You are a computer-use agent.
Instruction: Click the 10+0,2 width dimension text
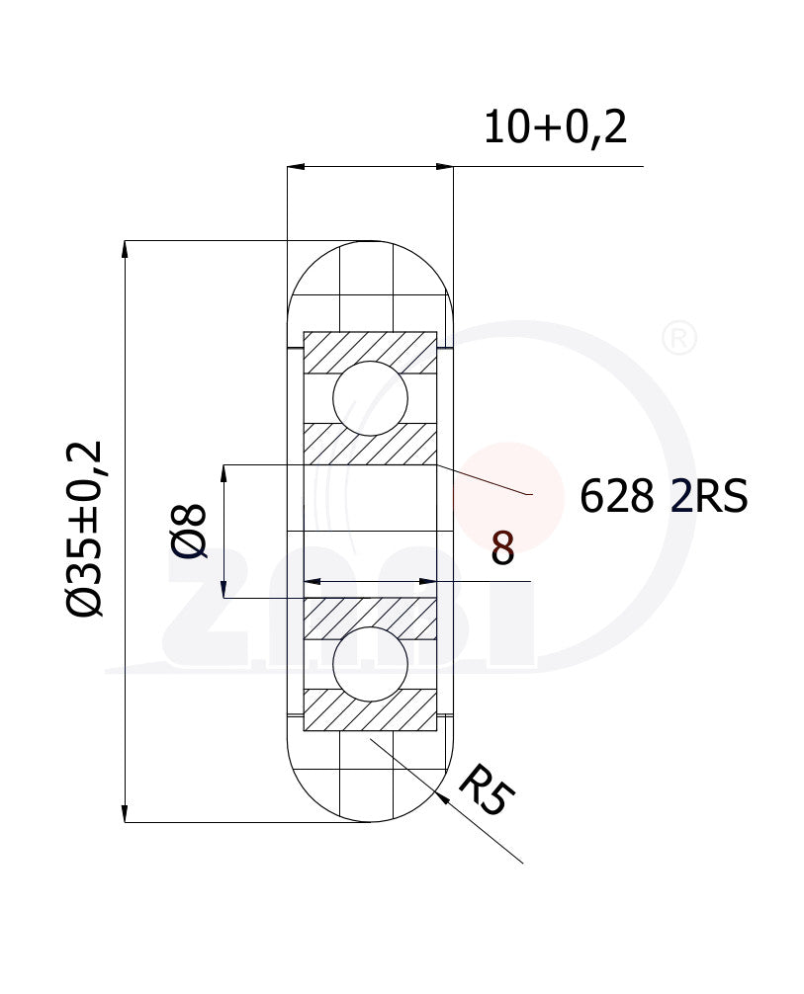555,128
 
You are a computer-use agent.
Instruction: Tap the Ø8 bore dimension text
189,532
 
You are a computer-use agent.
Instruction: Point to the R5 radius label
487,788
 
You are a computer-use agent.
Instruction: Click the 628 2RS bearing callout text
664,496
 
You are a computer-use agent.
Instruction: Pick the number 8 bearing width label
502,548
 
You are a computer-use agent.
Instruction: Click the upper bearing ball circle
370,398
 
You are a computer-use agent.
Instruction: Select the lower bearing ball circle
370,664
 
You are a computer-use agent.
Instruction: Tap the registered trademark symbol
679,338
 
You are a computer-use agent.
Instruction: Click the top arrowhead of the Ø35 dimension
125,249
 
